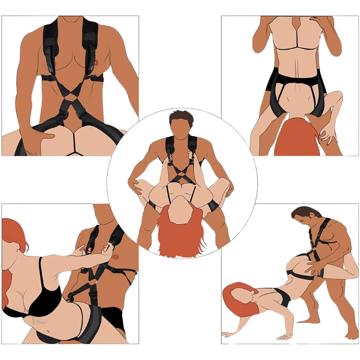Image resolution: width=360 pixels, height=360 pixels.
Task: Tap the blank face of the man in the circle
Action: coord(180,128)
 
